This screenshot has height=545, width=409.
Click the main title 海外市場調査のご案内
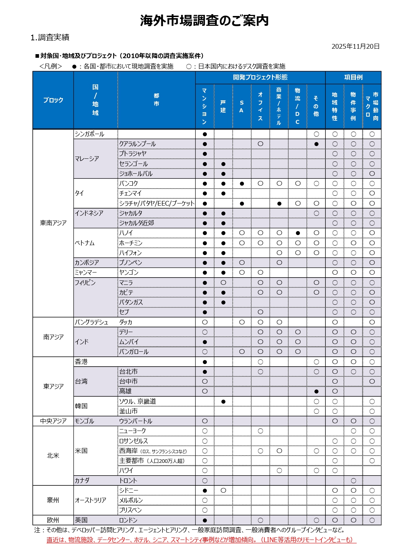click(x=204, y=20)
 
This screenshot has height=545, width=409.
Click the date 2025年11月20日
click(x=355, y=47)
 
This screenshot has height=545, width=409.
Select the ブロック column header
click(x=53, y=100)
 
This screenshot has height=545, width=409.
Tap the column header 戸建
click(x=223, y=106)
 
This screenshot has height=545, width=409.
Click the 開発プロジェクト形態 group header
click(x=260, y=77)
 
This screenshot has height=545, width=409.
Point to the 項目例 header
click(x=353, y=77)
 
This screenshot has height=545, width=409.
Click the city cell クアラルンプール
click(x=137, y=144)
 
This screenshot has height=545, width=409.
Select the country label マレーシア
click(x=87, y=159)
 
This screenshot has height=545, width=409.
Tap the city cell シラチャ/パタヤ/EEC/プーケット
click(x=157, y=203)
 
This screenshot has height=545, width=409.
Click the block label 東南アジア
click(x=53, y=223)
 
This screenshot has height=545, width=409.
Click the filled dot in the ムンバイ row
click(x=205, y=342)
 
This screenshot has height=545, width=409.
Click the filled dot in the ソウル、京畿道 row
click(x=223, y=401)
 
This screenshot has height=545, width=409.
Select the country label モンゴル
click(x=84, y=421)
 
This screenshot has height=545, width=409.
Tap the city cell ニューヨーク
click(x=133, y=431)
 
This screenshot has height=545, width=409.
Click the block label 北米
click(x=53, y=456)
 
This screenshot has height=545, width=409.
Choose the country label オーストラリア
click(x=91, y=500)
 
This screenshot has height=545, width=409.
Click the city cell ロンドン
click(x=128, y=520)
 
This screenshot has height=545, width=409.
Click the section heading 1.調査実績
click(x=50, y=37)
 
